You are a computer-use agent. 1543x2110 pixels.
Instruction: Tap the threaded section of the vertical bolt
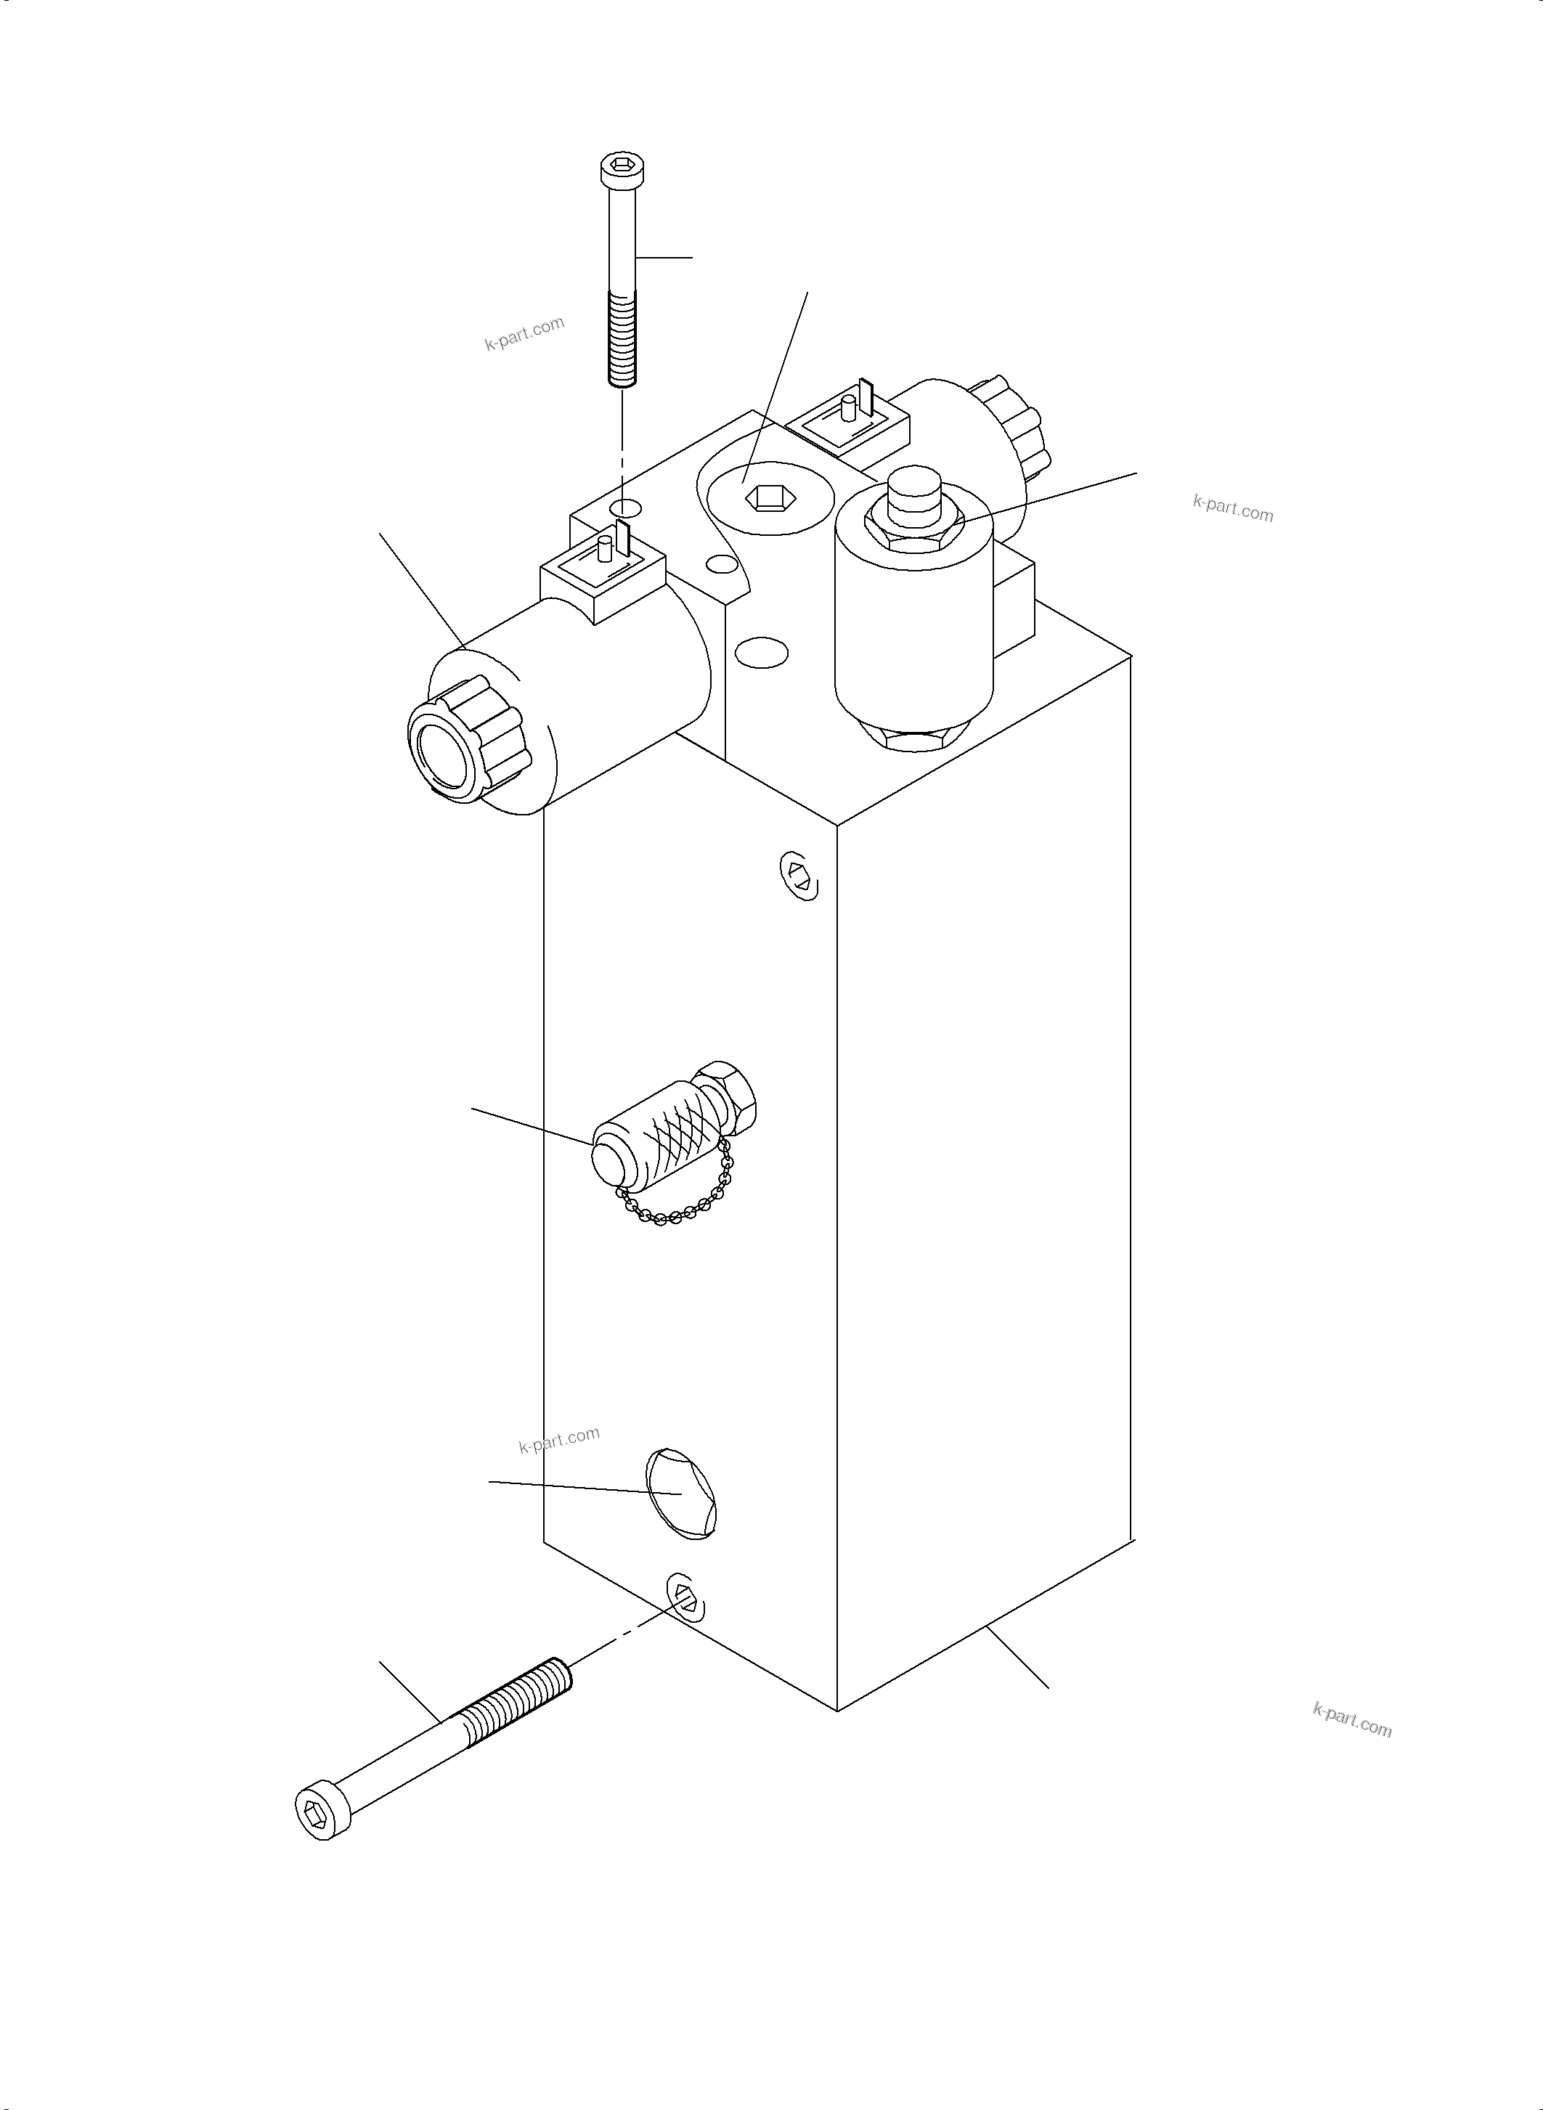coord(622,336)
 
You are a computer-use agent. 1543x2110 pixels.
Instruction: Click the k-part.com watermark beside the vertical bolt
coord(524,333)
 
